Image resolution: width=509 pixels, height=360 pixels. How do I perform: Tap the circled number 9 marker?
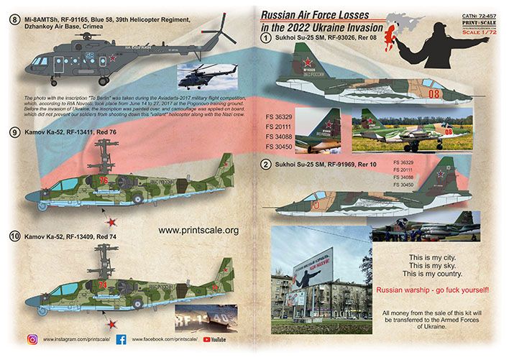[x=14, y=133]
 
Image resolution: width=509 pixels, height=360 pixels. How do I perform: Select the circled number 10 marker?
[x=14, y=235]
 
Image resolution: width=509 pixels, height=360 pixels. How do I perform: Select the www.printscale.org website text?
[x=197, y=230]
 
